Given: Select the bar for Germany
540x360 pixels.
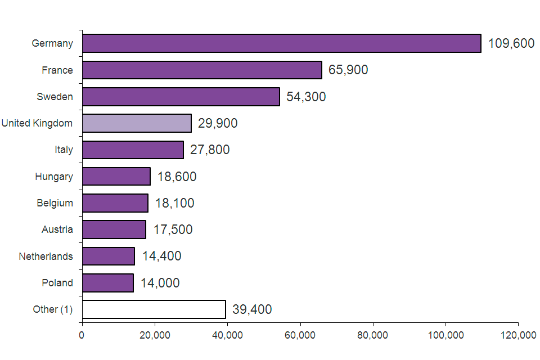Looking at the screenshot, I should pos(281,43).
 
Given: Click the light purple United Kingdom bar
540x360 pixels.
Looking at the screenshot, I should pos(137,123).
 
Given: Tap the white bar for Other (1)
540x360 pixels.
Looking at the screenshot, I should pos(154,309).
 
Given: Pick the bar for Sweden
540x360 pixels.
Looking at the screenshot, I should pos(181,97).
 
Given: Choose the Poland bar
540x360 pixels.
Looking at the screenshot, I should pos(108,283).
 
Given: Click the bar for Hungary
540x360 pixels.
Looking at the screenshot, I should pos(116,177).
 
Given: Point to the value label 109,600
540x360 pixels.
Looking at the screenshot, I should pos(511,44).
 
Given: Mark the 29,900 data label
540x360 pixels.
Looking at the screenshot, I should pos(217,124).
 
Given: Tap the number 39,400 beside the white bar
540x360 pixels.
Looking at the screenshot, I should pos(251,310).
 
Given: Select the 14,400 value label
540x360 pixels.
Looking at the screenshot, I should pos(161,256).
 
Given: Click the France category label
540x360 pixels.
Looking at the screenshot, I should pos(57,70).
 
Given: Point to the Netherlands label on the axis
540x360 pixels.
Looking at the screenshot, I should pos(46,256).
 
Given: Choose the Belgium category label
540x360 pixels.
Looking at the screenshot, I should pos(55,203).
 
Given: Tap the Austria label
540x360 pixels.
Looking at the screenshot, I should pos(57,229).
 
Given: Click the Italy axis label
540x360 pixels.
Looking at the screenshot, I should pos(64,150).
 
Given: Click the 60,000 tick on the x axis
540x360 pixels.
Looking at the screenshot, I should pos(300,336).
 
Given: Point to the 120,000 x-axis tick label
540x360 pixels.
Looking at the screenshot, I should pos(518,336).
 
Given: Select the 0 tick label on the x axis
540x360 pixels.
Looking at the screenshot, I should pos(82,336).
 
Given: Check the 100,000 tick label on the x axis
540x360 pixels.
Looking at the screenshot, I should pos(445,336).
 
